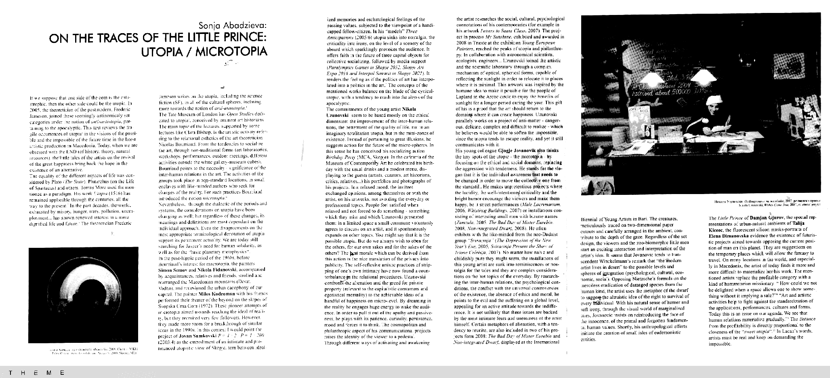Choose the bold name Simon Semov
171,269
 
